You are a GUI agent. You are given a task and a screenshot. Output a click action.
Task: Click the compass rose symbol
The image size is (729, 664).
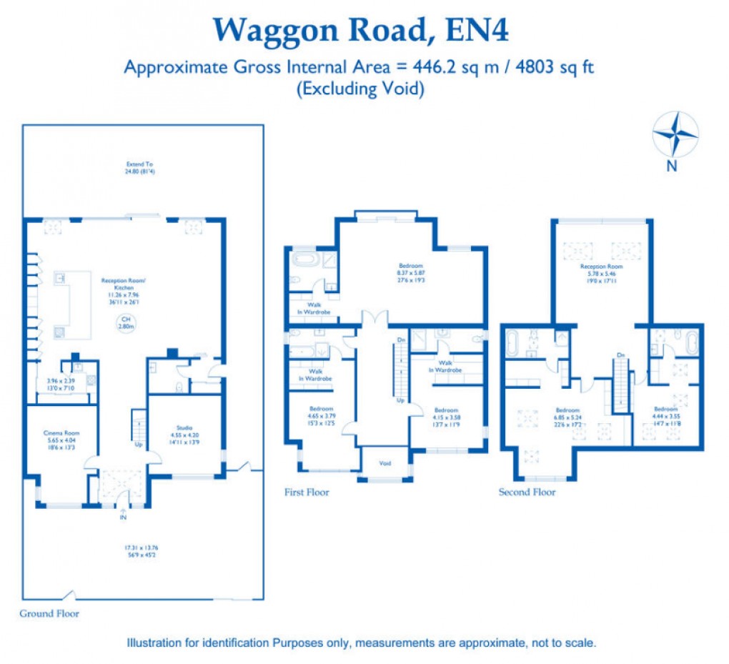675,135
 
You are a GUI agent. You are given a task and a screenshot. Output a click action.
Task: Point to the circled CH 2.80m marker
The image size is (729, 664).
126,322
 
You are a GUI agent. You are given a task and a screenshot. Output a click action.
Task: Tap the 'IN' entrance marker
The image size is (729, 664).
124,518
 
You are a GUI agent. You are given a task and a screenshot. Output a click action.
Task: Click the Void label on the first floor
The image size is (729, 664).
385,464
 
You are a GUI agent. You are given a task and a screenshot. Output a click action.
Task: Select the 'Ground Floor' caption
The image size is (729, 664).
49,613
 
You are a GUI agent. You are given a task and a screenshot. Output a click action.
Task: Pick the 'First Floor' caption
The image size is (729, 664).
307,492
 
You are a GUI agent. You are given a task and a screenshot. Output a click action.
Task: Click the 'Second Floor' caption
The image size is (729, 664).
527,492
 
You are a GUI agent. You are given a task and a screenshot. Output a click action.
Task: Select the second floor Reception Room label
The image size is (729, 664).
602,270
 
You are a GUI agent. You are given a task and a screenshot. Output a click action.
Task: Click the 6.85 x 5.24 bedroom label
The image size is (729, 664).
568,415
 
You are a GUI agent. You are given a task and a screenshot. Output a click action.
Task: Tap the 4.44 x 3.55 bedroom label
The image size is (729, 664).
665,414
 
